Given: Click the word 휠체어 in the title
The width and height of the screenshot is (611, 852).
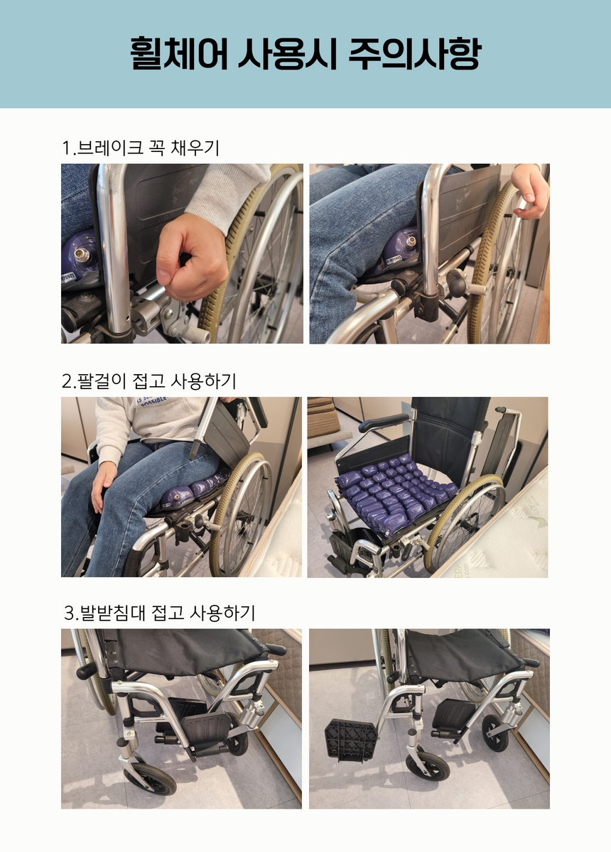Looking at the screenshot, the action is coord(178,53).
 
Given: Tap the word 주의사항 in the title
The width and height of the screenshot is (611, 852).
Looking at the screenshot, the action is coord(415,53).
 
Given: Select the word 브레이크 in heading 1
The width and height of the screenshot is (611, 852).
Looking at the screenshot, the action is coord(109,148).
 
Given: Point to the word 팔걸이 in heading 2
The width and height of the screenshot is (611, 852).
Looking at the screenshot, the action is coord(102,381).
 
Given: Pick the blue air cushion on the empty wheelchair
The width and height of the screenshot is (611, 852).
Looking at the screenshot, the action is coord(396,493).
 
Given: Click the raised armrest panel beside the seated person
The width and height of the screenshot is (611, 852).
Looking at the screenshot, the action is coord(222,428).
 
